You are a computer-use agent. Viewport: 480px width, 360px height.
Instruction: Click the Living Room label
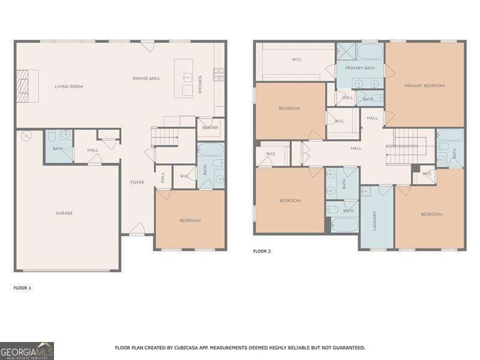(x=68, y=86)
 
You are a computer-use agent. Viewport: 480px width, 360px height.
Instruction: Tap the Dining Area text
(x=146, y=79)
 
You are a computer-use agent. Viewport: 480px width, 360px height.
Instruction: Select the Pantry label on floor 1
(x=210, y=128)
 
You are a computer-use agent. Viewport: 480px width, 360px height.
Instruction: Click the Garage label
(x=64, y=213)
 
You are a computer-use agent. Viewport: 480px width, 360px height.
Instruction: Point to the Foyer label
(x=137, y=182)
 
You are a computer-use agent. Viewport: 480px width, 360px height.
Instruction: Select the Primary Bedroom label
(x=424, y=86)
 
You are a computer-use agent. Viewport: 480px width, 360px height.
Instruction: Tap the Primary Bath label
(x=359, y=68)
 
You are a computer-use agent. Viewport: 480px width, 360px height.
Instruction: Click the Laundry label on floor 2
(x=374, y=220)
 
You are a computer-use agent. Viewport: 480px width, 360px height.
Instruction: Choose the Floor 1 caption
(x=22, y=288)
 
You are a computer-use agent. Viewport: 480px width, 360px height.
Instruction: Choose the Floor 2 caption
(x=262, y=251)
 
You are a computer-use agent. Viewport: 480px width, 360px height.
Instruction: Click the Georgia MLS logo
(x=27, y=350)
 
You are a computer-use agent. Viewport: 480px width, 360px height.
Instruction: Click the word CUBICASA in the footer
(x=194, y=348)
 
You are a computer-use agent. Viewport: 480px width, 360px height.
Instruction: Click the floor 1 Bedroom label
(x=190, y=221)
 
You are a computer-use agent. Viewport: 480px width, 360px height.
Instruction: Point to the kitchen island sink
(x=187, y=77)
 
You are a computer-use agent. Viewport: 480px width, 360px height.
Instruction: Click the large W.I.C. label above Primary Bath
(x=296, y=59)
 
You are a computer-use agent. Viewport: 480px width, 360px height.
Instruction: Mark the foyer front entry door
(x=137, y=229)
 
